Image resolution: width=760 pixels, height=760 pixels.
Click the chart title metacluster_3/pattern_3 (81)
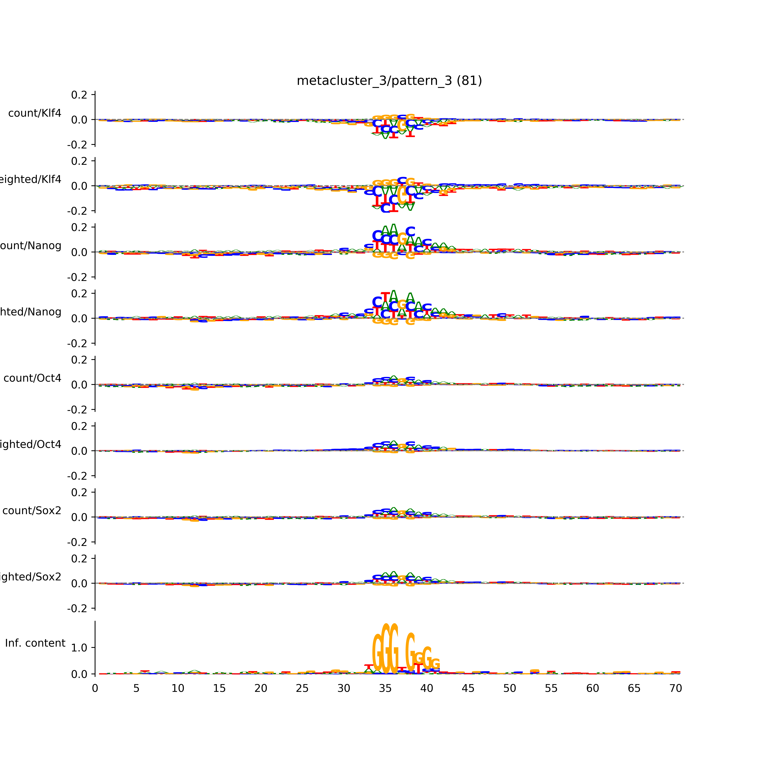pyautogui.click(x=389, y=81)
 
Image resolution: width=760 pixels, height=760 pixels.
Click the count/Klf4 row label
pyautogui.click(x=35, y=113)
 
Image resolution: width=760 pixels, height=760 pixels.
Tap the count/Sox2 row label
pyautogui.click(x=32, y=511)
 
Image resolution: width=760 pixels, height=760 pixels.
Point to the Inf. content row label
pyautogui.click(x=35, y=643)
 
